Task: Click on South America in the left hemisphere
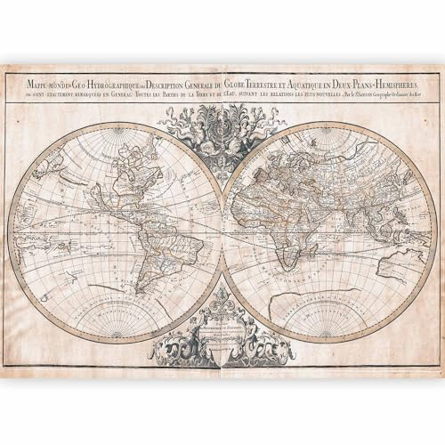(139, 258)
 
